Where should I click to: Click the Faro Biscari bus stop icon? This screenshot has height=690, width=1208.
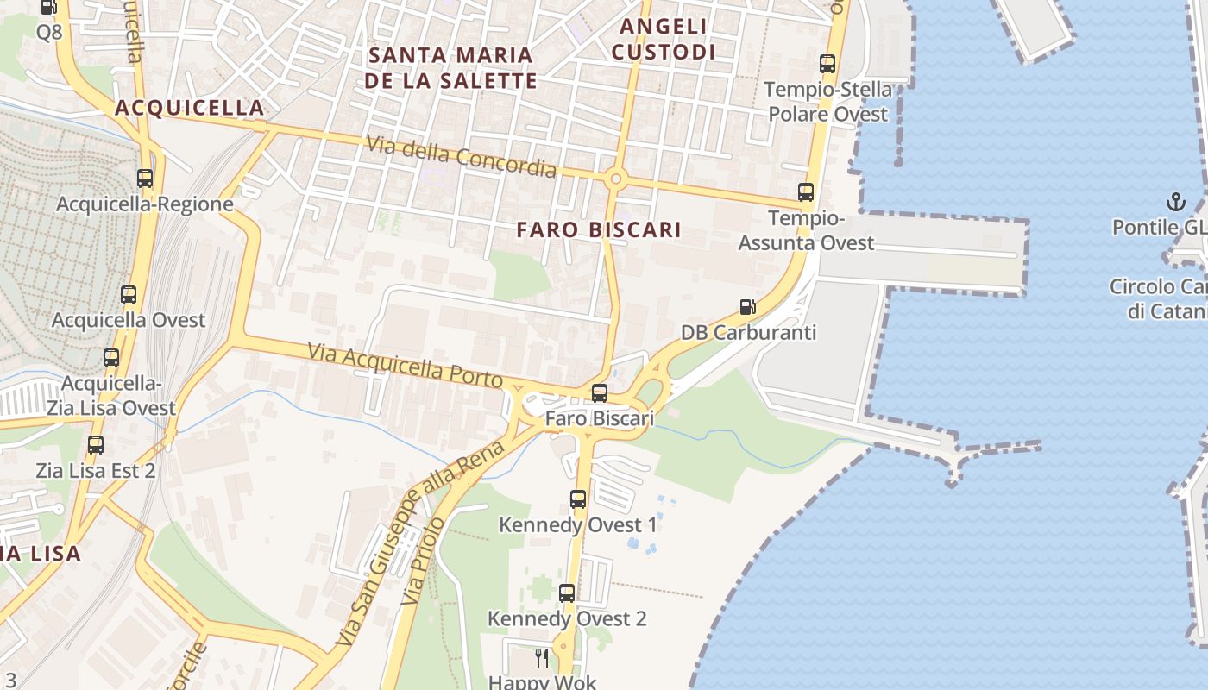(x=599, y=393)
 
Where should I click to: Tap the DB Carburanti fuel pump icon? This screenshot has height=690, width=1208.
(x=747, y=307)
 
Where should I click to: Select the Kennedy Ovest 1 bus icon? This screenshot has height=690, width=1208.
(x=578, y=499)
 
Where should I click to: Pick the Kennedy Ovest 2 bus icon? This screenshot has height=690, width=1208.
(x=566, y=593)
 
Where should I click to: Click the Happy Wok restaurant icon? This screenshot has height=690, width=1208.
(x=542, y=658)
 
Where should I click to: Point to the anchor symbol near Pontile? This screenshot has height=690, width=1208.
(x=1174, y=202)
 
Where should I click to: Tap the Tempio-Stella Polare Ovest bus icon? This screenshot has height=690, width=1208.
(x=827, y=64)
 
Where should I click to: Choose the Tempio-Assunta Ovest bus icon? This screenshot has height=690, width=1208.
(x=806, y=192)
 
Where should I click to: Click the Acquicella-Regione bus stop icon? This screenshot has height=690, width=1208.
(x=145, y=179)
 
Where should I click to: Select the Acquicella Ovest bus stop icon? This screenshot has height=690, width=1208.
(x=129, y=295)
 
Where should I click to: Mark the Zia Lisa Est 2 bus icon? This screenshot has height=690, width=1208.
(x=96, y=445)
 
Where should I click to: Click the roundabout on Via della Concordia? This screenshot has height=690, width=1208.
(x=615, y=179)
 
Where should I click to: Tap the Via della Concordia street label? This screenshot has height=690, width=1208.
(x=462, y=156)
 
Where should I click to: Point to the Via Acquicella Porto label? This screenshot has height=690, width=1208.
(x=406, y=365)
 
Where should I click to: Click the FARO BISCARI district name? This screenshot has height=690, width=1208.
(x=599, y=230)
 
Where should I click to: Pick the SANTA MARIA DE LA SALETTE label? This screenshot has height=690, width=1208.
(x=451, y=68)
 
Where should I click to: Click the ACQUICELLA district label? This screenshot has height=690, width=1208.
(x=189, y=108)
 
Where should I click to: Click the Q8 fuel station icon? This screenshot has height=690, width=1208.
(x=49, y=8)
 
